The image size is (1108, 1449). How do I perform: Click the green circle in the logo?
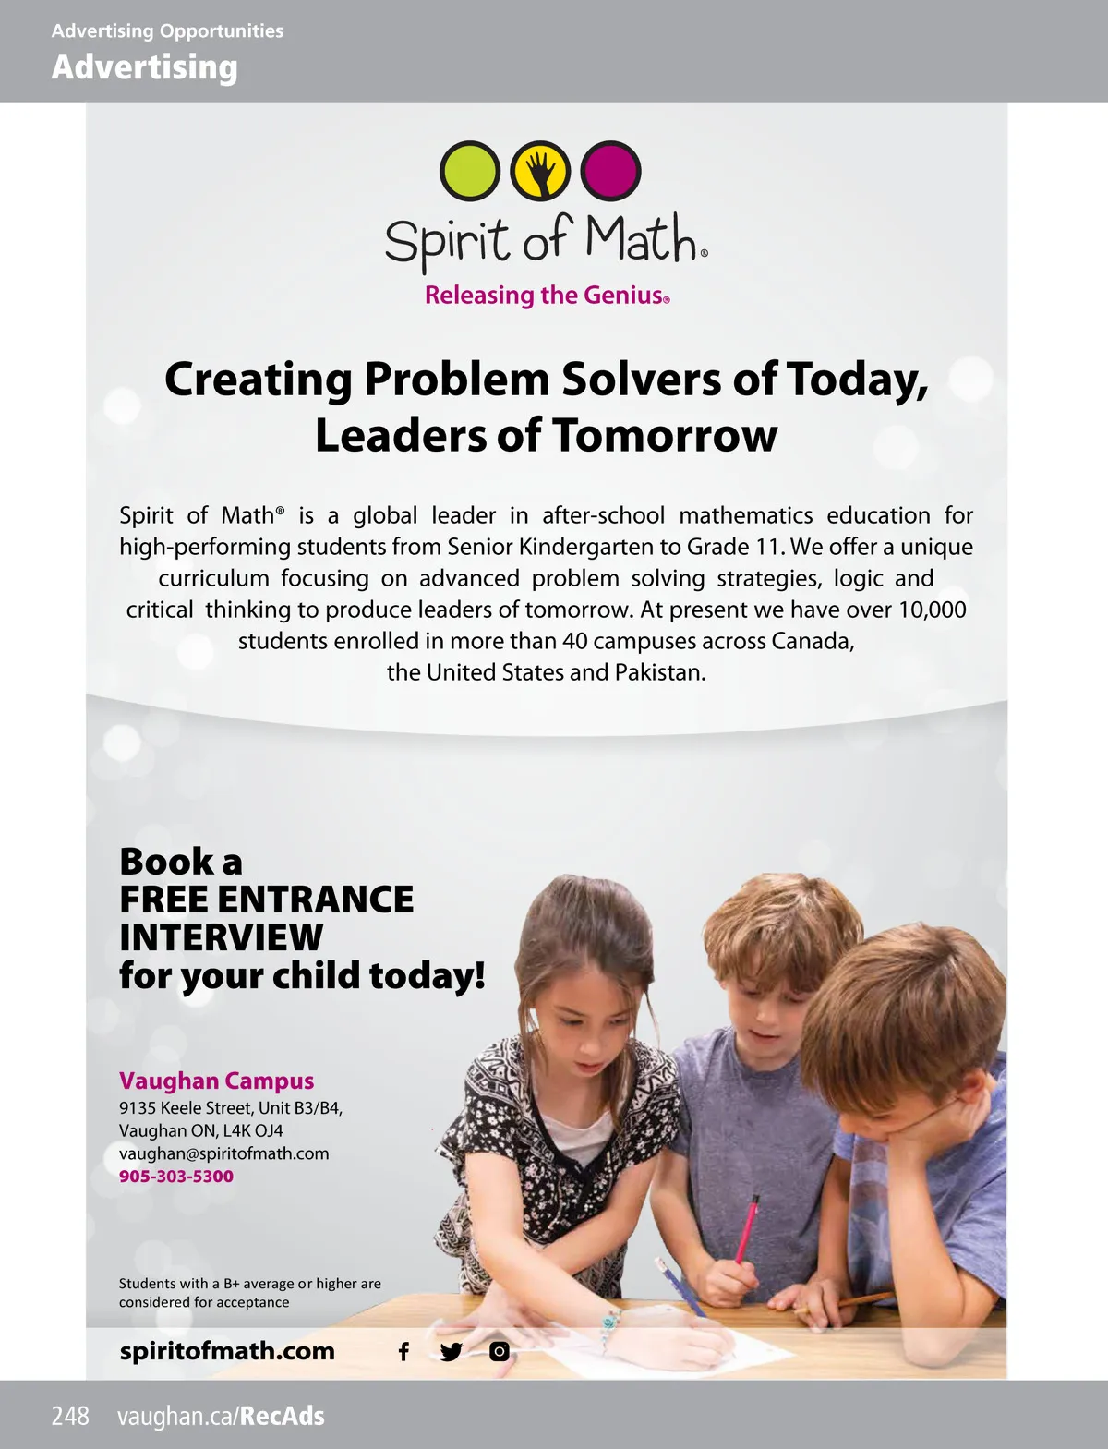tap(469, 171)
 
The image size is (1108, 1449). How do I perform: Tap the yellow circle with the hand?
tap(541, 171)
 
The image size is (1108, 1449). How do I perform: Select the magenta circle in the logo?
tap(610, 171)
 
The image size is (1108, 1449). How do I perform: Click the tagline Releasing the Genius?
tap(547, 296)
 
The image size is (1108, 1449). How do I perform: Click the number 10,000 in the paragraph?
tap(932, 610)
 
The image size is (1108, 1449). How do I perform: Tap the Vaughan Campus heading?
tap(216, 1081)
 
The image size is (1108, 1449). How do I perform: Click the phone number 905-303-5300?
tap(176, 1177)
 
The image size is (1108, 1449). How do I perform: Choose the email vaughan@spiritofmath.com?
tap(223, 1153)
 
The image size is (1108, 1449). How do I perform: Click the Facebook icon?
tap(403, 1352)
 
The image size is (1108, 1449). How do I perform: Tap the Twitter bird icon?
tap(452, 1352)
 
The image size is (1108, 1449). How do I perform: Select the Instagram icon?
tap(500, 1352)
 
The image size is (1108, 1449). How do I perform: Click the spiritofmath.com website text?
tap(227, 1351)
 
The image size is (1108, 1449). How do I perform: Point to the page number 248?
tap(70, 1416)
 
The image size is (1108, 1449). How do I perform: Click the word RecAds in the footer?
tap(283, 1416)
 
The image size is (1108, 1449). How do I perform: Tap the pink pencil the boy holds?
tap(748, 1228)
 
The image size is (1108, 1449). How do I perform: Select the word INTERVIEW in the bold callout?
tap(222, 937)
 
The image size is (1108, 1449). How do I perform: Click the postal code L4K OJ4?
tap(253, 1130)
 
